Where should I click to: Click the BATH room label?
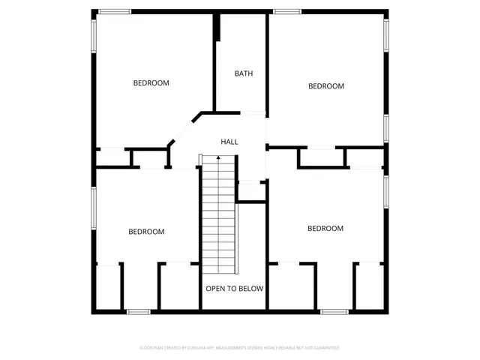tap(243, 73)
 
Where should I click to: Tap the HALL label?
tap(229, 142)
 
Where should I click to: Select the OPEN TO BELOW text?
tap(234, 288)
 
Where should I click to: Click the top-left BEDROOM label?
tap(151, 83)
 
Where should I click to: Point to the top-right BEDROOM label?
tap(326, 86)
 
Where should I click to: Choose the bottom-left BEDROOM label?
tap(146, 232)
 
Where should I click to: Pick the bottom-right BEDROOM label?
tap(325, 228)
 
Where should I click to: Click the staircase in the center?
tap(218, 217)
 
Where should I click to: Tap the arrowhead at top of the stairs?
tap(218, 158)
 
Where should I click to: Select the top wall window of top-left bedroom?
tap(115, 11)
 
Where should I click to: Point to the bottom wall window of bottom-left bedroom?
tap(139, 310)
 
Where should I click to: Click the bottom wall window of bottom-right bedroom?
tap(334, 310)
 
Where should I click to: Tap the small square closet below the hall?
tap(251, 190)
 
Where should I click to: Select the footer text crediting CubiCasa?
tap(239, 348)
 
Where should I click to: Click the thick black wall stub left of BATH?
tap(217, 28)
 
